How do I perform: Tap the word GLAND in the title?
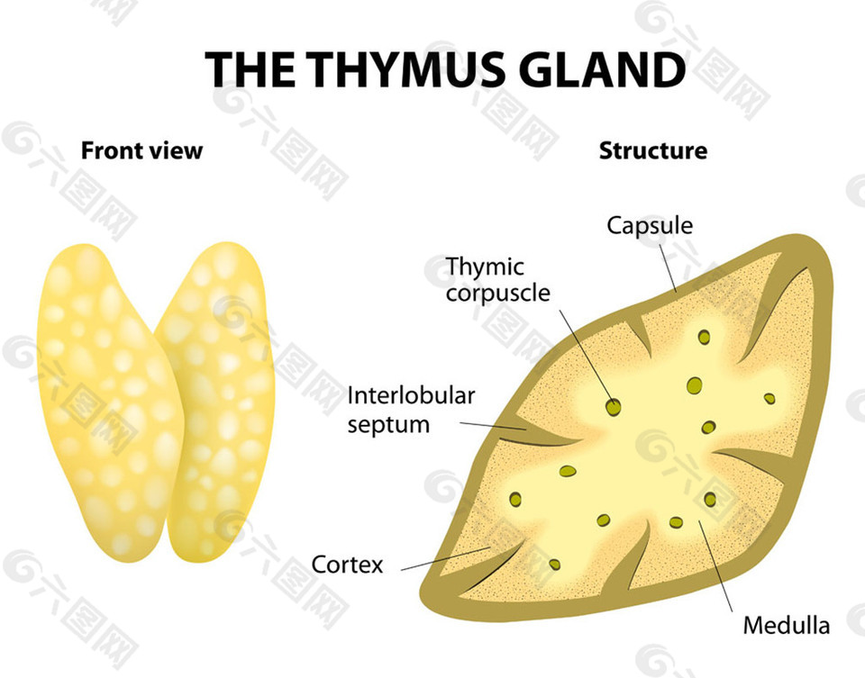pos(603,69)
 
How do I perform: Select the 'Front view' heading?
pos(141,150)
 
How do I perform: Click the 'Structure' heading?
pos(653,150)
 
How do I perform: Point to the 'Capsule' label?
pos(650,226)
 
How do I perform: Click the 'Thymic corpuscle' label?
pos(497,279)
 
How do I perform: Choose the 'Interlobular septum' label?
pos(411,410)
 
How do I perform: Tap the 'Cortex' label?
pos(347,565)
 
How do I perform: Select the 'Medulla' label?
pos(786,626)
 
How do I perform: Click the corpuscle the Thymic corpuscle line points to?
pos(613,407)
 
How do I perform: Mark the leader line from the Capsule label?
pos(668,268)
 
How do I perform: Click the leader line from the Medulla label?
pos(716,565)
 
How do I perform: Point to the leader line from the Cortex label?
pos(446,558)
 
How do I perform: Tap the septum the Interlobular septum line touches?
pos(543,435)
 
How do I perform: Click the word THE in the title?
pos(250,69)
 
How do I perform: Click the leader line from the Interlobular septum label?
pos(492,426)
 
